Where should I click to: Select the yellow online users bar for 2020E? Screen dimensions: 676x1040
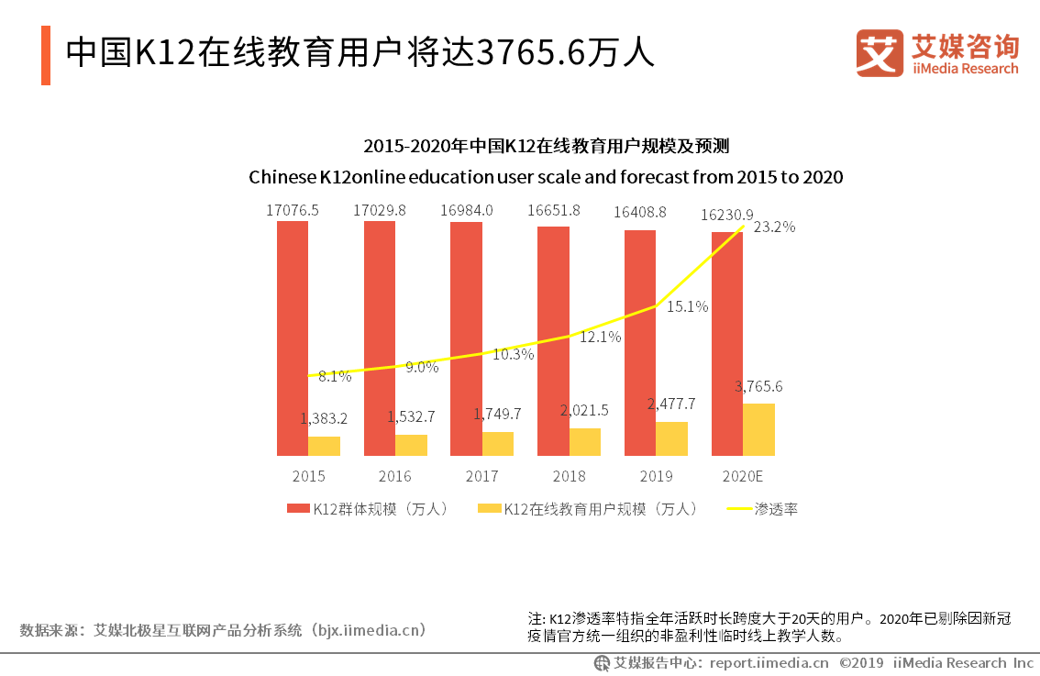tap(758, 429)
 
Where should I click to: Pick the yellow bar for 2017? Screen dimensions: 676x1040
tap(498, 444)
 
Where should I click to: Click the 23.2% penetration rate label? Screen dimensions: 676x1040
tap(774, 227)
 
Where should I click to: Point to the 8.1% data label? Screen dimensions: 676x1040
tap(335, 375)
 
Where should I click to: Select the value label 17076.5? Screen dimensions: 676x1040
tap(293, 210)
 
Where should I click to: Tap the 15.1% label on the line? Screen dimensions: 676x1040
tap(687, 306)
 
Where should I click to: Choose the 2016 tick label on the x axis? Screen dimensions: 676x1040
tap(394, 476)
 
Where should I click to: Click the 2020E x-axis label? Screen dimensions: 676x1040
tap(743, 476)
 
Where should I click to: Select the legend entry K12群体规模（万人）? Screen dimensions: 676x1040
tap(368, 508)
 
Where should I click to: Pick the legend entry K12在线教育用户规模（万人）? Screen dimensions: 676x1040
tap(588, 508)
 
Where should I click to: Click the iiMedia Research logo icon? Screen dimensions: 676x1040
tap(879, 53)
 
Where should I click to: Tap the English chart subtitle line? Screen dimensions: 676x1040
tap(546, 176)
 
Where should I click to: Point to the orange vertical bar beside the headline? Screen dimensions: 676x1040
tap(46, 55)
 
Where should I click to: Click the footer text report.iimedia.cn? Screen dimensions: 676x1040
tap(769, 662)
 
